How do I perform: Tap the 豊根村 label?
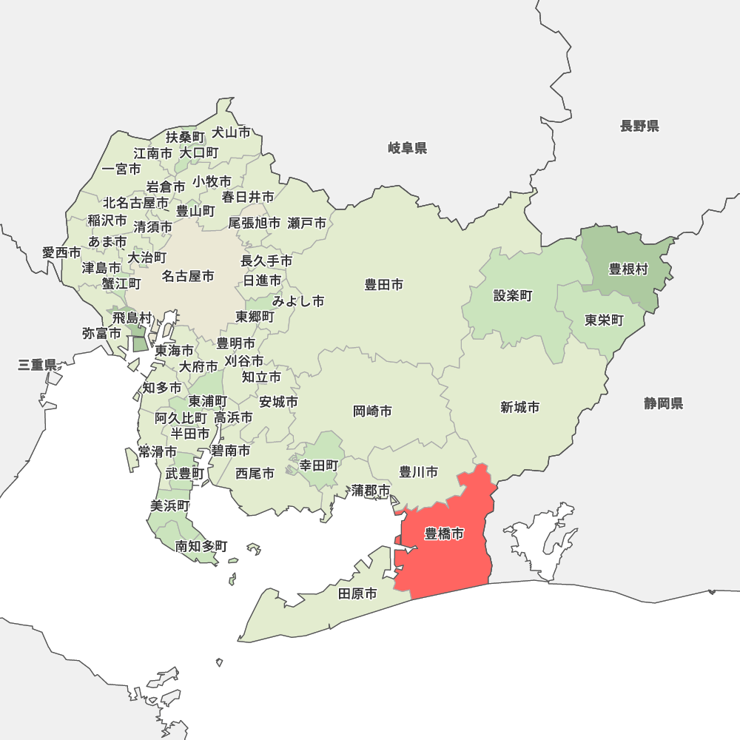click(x=628, y=269)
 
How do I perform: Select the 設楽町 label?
click(x=513, y=296)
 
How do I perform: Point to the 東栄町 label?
click(x=604, y=320)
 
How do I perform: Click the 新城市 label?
click(x=519, y=407)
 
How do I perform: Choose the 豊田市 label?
click(x=384, y=284)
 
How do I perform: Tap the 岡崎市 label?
click(x=372, y=411)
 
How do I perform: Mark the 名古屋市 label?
click(x=188, y=276)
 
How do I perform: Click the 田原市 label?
click(x=357, y=593)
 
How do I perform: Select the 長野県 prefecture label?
click(x=639, y=126)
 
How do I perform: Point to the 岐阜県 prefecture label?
click(x=408, y=148)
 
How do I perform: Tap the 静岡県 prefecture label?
click(x=663, y=403)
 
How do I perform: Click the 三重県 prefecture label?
click(x=38, y=364)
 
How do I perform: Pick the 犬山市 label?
click(x=232, y=132)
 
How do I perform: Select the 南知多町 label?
click(x=201, y=546)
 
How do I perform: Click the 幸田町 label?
click(x=319, y=465)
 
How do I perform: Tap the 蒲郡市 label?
click(x=371, y=490)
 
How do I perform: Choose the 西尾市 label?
click(x=255, y=473)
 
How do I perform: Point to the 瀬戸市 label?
click(x=307, y=223)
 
